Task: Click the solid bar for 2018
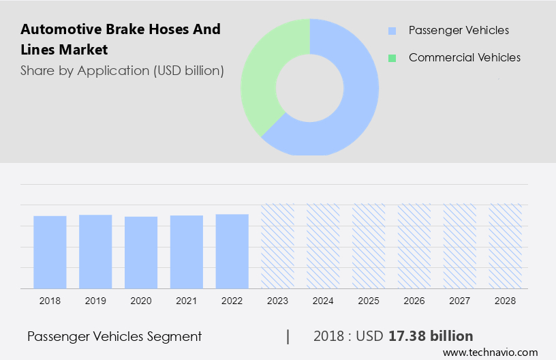tap(50, 252)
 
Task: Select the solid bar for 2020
tap(141, 252)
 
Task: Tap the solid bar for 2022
tap(232, 251)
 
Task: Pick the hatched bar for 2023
tap(278, 245)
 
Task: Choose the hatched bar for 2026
tap(414, 245)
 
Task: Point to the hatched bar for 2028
tap(506, 245)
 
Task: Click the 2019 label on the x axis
tap(95, 300)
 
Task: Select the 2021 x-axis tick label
tap(187, 300)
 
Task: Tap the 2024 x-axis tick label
tap(323, 300)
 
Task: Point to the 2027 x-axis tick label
tap(460, 300)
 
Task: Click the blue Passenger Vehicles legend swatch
tap(392, 31)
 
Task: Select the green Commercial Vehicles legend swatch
tap(392, 58)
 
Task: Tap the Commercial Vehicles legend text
tap(464, 58)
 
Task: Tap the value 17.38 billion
tap(431, 336)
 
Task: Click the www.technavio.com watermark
tap(490, 352)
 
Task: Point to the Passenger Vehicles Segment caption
tap(114, 336)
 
